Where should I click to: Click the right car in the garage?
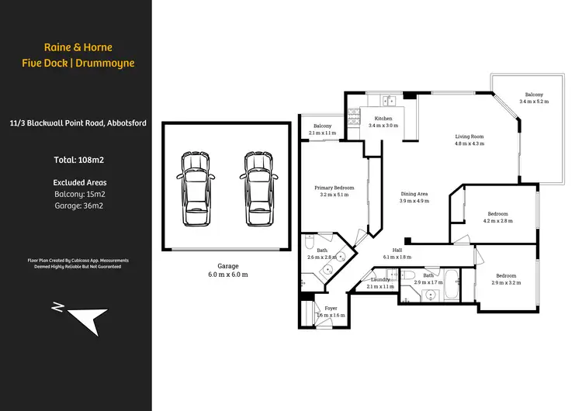(x=258, y=188)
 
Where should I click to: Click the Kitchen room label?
(x=383, y=121)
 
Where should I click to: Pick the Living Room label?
(x=469, y=140)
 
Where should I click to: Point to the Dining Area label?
(x=414, y=197)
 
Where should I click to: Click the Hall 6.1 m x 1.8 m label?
(x=397, y=253)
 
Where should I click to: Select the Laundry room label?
(x=380, y=283)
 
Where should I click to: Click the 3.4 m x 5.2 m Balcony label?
(x=535, y=98)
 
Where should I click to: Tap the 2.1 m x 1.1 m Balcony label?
(x=323, y=130)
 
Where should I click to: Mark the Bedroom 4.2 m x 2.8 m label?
(x=497, y=217)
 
